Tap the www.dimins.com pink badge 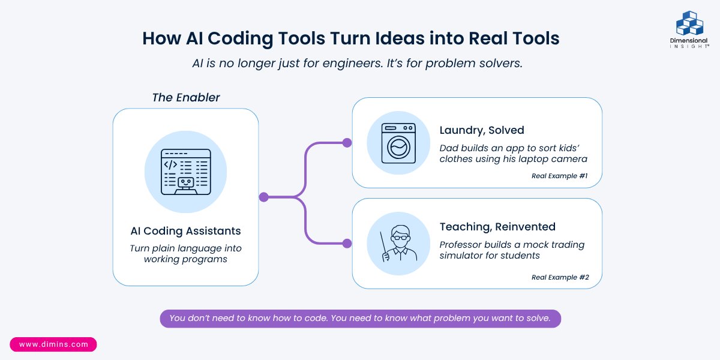[x=53, y=344]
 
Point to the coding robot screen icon [x=185, y=172]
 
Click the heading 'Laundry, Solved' [x=481, y=130]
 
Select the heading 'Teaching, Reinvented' [x=497, y=227]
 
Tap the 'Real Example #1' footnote [x=560, y=176]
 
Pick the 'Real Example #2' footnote [x=560, y=277]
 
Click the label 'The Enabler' [x=185, y=97]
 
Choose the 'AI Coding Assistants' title [x=185, y=230]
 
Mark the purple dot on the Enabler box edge [x=263, y=197]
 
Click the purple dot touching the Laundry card [x=347, y=143]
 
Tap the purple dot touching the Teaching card [x=347, y=244]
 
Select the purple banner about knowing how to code [x=360, y=318]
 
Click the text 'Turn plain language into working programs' [x=185, y=253]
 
